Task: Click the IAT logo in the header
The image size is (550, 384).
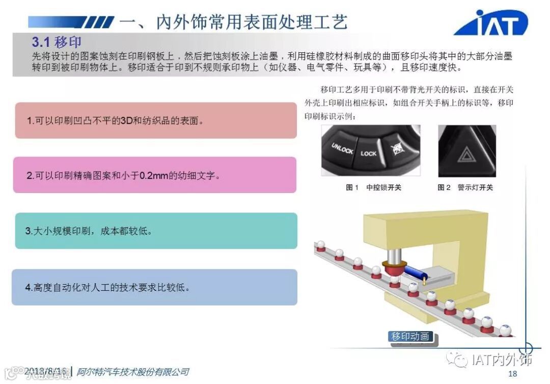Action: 491,23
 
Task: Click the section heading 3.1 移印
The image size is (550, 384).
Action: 56,41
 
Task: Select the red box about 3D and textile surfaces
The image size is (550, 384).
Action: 156,121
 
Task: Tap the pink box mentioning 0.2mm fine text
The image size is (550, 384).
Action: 155,175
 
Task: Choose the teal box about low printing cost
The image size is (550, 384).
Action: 156,231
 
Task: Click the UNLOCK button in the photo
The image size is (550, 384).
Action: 342,149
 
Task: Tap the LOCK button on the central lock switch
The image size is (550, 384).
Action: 369,153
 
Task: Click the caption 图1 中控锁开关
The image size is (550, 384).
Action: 374,187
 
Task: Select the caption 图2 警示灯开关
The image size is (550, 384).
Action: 465,187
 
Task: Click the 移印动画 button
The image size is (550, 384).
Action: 410,337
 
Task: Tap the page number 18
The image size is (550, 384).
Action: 512,374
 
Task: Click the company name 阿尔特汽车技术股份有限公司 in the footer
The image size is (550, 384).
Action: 132,372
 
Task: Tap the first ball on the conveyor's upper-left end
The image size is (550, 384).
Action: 321,245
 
